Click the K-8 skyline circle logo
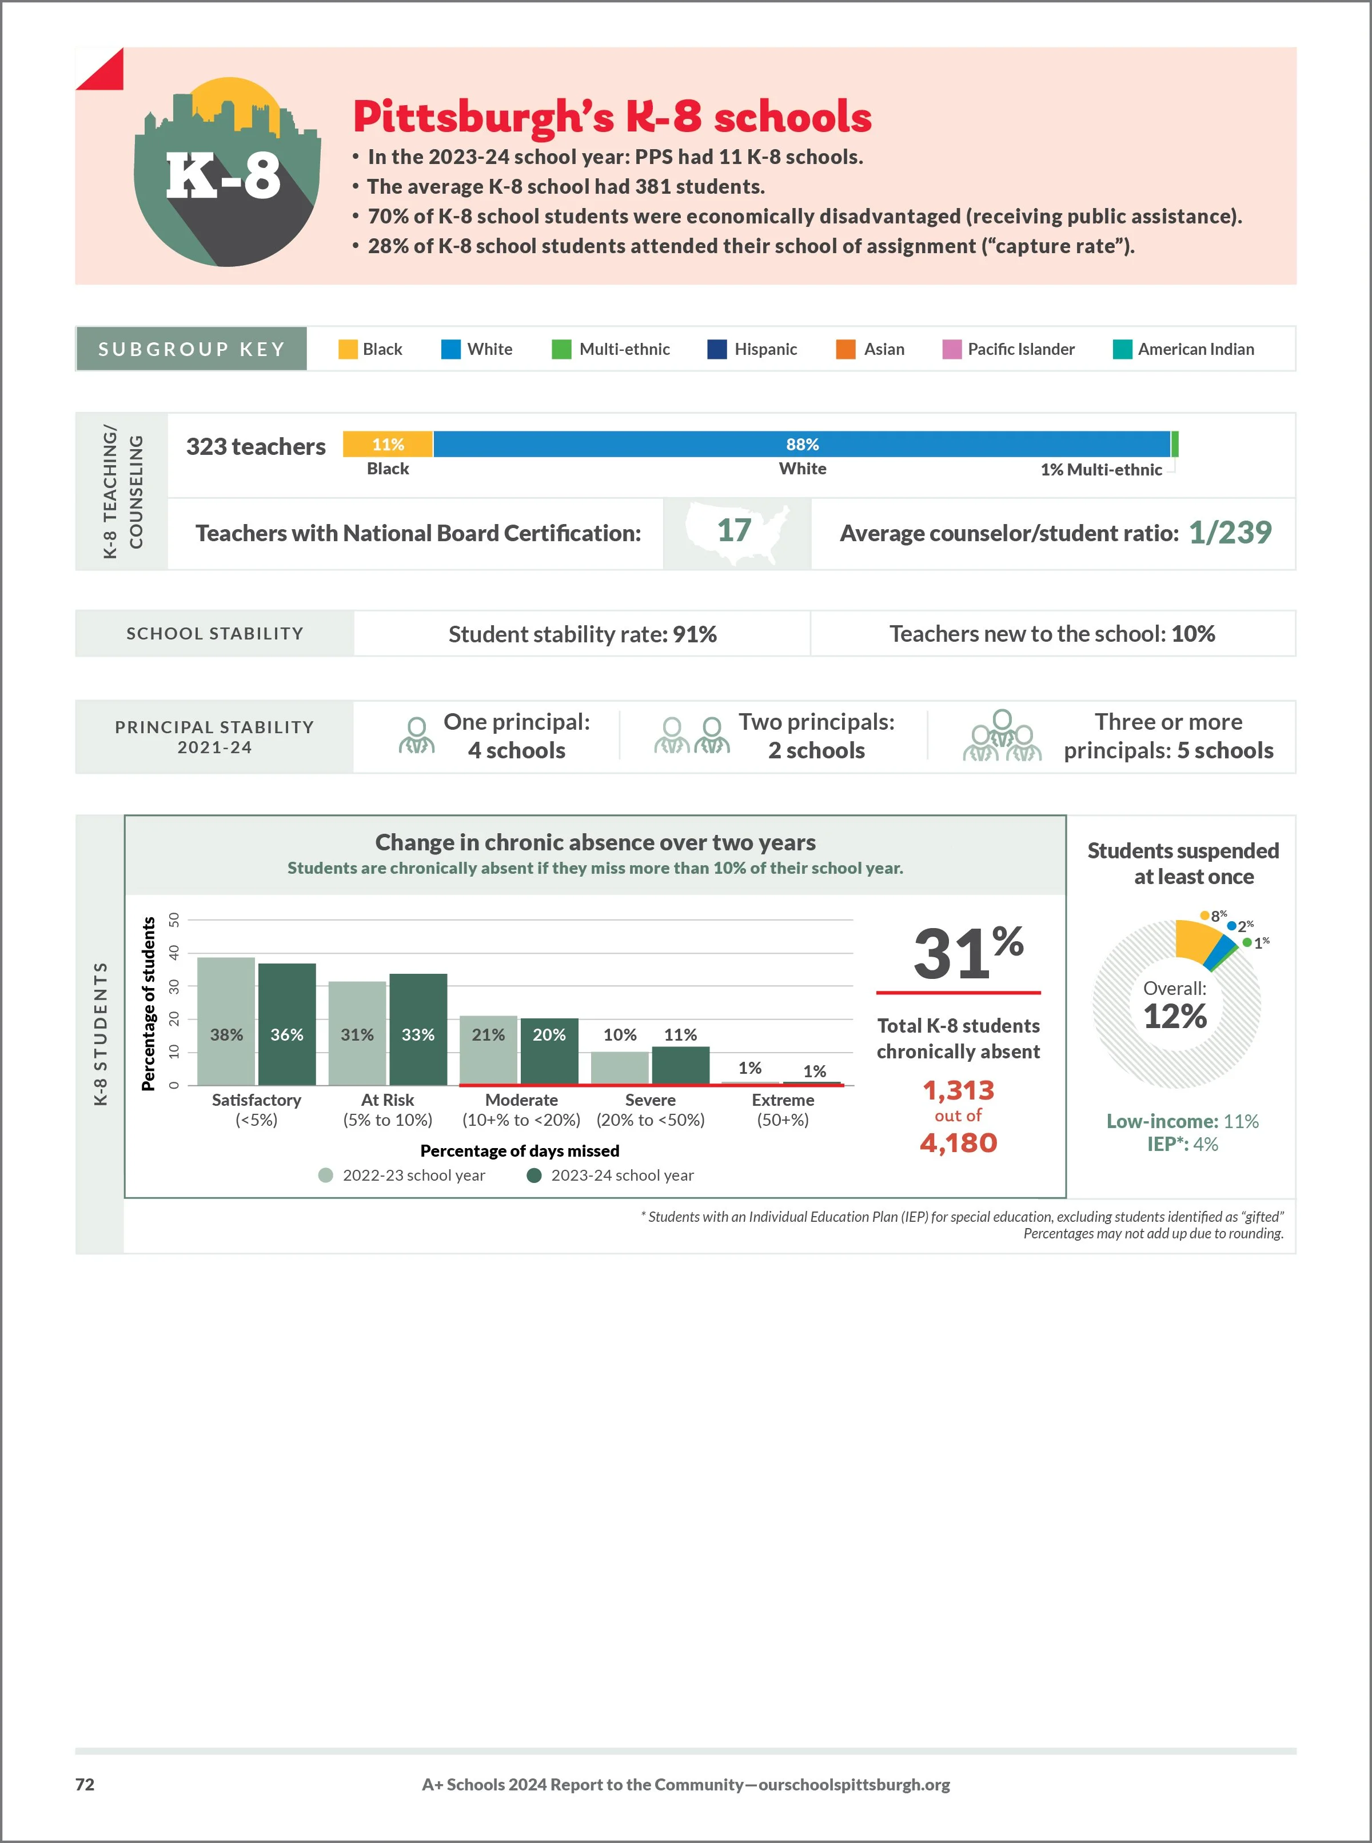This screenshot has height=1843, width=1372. [x=226, y=174]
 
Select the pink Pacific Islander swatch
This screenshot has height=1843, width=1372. [x=952, y=350]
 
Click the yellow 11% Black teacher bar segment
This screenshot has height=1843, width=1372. [x=388, y=444]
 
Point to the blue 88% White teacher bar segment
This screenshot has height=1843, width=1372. [x=801, y=444]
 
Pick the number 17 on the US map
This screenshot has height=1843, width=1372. [x=734, y=530]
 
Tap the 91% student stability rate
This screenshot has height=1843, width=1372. [x=695, y=634]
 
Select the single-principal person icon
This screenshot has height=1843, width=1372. [x=416, y=735]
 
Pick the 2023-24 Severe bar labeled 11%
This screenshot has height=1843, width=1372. [x=680, y=1065]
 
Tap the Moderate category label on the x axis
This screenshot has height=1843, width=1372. [x=521, y=1100]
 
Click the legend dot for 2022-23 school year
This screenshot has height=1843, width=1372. [x=325, y=1175]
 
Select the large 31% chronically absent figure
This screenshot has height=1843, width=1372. [x=967, y=953]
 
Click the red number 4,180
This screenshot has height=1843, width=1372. [x=958, y=1143]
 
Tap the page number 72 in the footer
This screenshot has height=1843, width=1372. [x=85, y=1784]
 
